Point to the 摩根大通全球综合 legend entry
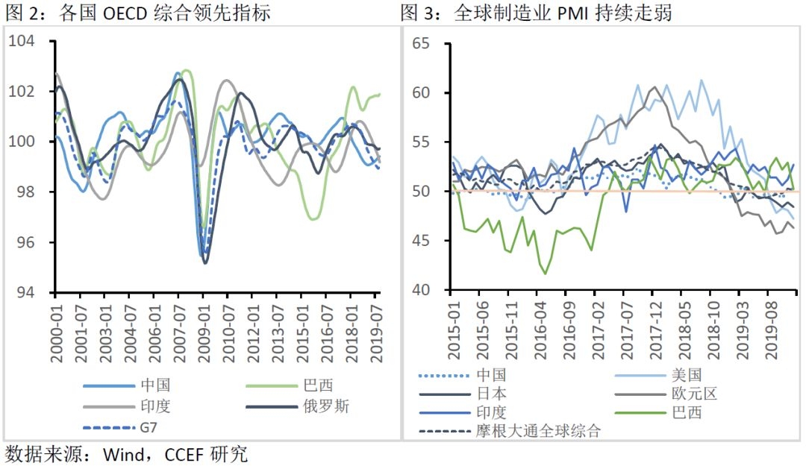point(537,431)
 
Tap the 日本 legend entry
point(490,394)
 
